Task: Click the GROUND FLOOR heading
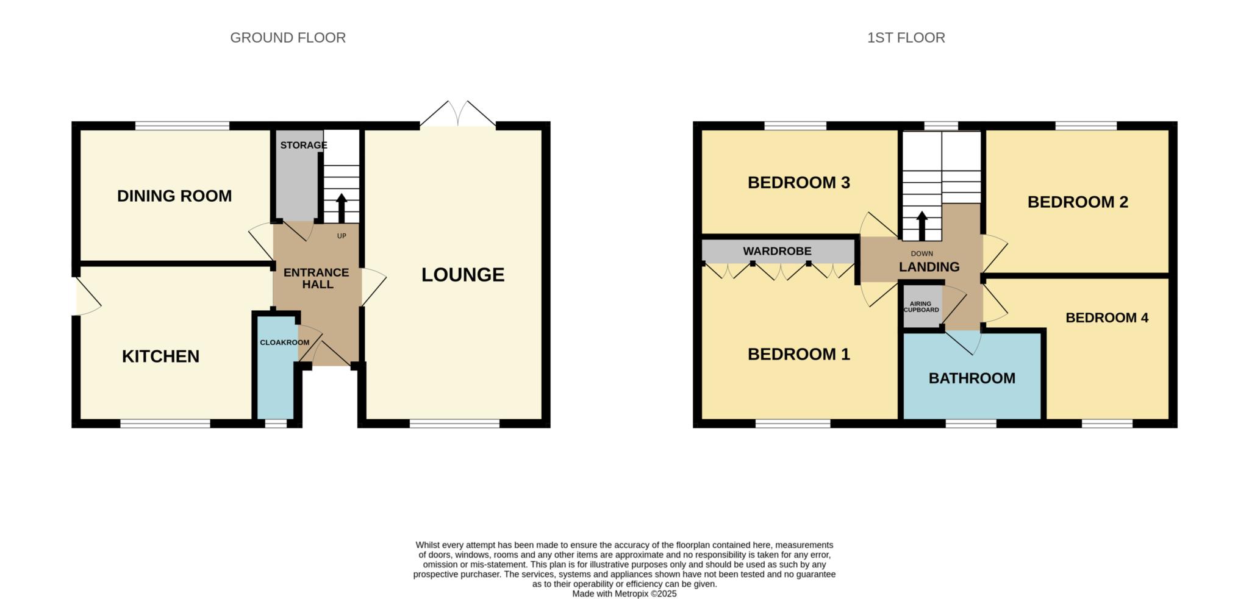(288, 38)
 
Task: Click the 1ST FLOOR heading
(906, 38)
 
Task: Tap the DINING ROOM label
(174, 196)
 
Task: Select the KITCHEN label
(161, 356)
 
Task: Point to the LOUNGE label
(463, 275)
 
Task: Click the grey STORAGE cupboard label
(304, 145)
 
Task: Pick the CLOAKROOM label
(285, 342)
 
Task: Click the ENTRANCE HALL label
(317, 278)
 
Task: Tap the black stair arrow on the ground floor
(341, 208)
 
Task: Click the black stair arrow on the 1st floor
(922, 226)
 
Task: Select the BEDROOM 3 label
(799, 182)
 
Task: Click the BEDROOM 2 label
(1078, 202)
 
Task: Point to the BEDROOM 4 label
(1107, 317)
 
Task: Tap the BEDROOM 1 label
(799, 354)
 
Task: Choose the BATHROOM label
(972, 378)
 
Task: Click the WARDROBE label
(777, 251)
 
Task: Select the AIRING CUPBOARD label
(922, 307)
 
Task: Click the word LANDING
(929, 267)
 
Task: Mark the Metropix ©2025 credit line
(624, 594)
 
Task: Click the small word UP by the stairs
(342, 236)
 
